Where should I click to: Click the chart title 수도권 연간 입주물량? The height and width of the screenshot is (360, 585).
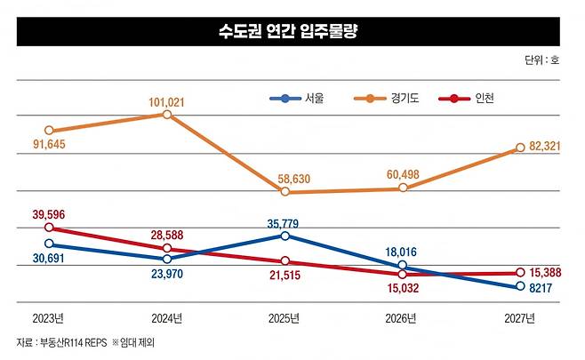pyautogui.click(x=293, y=32)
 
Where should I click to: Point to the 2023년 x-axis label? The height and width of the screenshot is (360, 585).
pyautogui.click(x=48, y=318)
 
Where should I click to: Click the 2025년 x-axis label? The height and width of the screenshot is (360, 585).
pyautogui.click(x=284, y=318)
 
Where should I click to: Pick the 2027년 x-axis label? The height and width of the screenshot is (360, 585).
pyautogui.click(x=519, y=318)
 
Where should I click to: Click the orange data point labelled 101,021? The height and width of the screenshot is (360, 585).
pyautogui.click(x=167, y=115)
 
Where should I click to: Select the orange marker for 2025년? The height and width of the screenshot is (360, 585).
pyautogui.click(x=284, y=192)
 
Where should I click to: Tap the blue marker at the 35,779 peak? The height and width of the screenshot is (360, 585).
pyautogui.click(x=284, y=236)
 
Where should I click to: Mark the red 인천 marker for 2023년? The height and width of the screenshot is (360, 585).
pyautogui.click(x=49, y=228)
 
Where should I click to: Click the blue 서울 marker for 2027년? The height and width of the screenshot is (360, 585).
pyautogui.click(x=520, y=286)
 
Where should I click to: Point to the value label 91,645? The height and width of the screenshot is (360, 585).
pyautogui.click(x=49, y=145)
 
